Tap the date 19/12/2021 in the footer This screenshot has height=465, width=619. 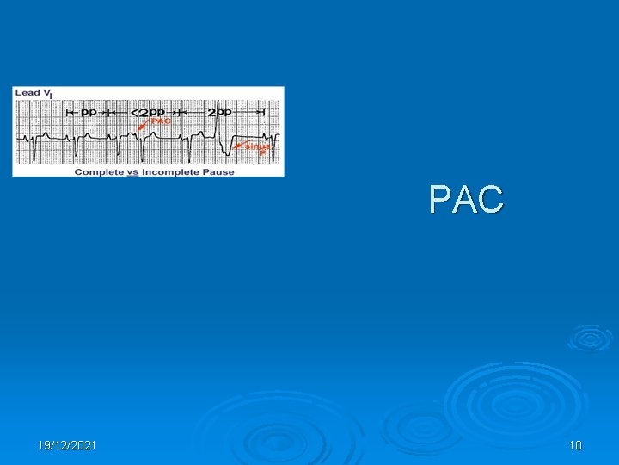pyautogui.click(x=67, y=445)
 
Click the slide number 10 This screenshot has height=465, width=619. pyautogui.click(x=575, y=445)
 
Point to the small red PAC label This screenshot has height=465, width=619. pyautogui.click(x=161, y=121)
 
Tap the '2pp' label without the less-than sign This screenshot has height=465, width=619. pyautogui.click(x=219, y=112)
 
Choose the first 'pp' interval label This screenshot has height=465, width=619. pyautogui.click(x=89, y=112)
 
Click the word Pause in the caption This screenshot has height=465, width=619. pyautogui.click(x=220, y=171)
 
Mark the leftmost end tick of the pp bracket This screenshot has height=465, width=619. pyautogui.click(x=67, y=112)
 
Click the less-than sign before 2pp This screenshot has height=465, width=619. pyautogui.click(x=134, y=113)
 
